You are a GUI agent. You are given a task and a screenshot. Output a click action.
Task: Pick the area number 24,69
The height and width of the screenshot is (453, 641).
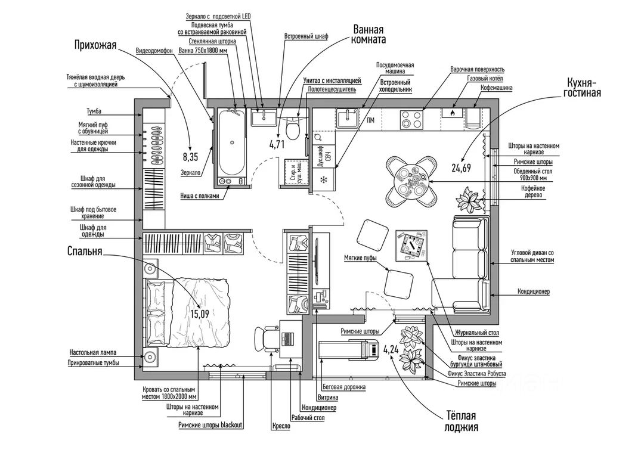coord(462,168)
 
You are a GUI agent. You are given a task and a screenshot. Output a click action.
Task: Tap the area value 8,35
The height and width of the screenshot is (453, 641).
coord(190,157)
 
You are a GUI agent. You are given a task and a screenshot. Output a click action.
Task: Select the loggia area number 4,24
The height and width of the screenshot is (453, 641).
coord(391,350)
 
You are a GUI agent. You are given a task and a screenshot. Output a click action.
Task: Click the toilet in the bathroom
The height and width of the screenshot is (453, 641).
coord(292,127)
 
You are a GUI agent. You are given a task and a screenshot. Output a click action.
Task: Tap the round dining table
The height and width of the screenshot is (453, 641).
coord(410,180)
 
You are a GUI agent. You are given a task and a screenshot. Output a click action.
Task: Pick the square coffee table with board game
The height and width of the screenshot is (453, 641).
coord(411,246)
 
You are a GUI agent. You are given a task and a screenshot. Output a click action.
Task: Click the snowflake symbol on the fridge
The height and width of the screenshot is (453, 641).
coord(324,179)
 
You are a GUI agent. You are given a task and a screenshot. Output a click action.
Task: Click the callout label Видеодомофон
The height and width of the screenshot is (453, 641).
coord(154,51)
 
